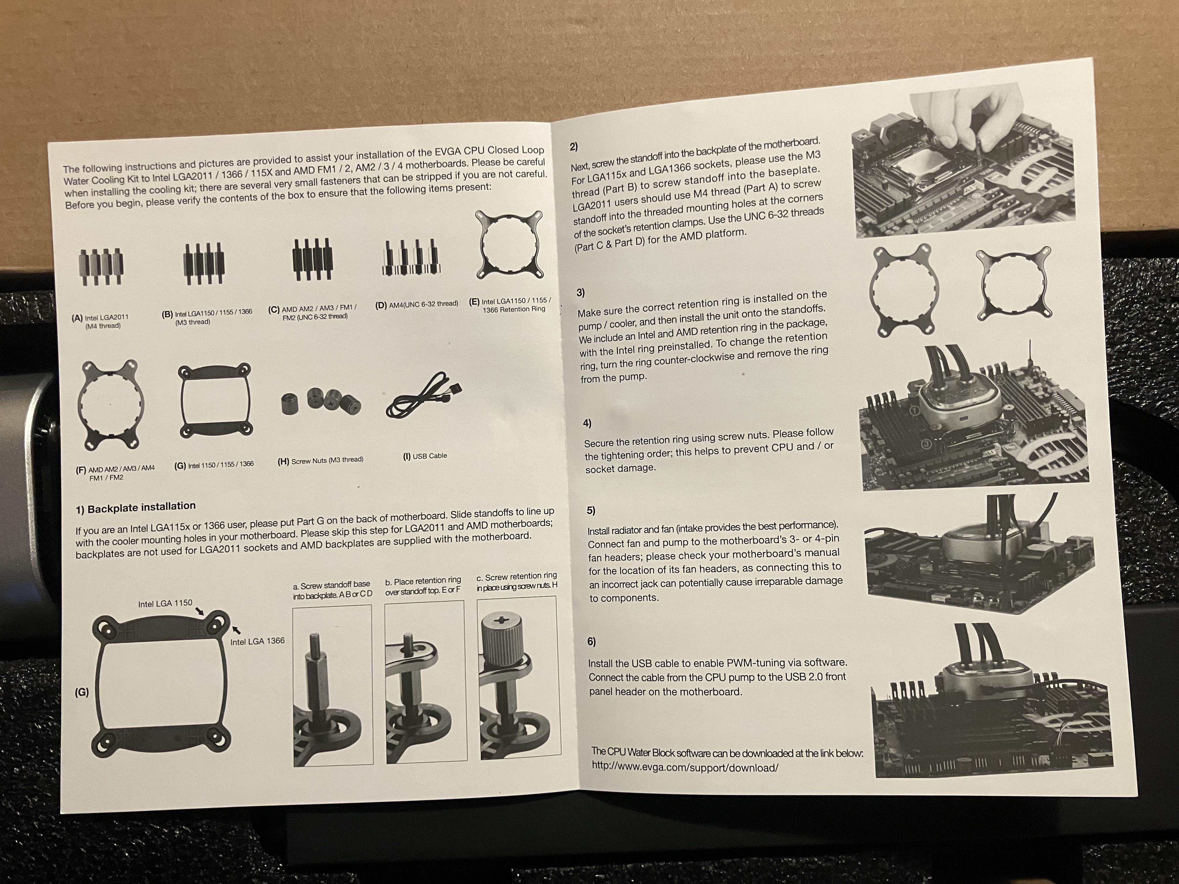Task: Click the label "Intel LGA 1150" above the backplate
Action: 165,603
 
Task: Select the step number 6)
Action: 591,642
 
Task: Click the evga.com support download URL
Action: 685,768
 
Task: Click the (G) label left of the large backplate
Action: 82,692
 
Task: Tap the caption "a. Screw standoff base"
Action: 332,585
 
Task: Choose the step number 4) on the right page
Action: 587,423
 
